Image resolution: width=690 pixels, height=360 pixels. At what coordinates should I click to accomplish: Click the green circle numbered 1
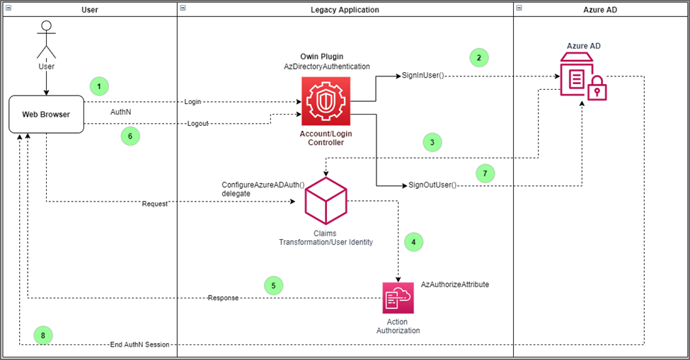(x=99, y=86)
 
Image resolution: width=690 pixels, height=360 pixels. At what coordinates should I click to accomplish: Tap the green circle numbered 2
(x=478, y=57)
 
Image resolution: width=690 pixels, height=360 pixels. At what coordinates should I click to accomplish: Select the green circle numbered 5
(x=273, y=286)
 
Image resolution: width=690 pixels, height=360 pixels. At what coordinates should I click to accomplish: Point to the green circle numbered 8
(x=43, y=335)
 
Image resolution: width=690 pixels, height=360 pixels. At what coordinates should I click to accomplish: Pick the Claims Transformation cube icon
(x=326, y=201)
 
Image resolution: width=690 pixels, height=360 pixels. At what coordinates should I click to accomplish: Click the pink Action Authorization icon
(x=398, y=298)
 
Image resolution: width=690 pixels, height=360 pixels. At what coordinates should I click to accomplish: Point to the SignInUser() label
(x=422, y=74)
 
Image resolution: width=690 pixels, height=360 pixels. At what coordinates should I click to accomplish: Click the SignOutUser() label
(x=433, y=185)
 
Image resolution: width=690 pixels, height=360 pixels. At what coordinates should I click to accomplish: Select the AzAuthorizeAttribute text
(x=455, y=284)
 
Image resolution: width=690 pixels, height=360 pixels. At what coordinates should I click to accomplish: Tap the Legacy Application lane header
(x=345, y=9)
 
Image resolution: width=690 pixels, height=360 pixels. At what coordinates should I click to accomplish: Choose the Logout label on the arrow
(x=197, y=123)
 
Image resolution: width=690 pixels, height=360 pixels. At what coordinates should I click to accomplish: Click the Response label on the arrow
(x=223, y=298)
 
